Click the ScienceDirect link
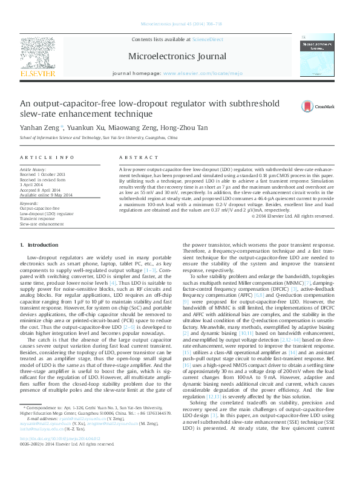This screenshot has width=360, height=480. click(x=208, y=39)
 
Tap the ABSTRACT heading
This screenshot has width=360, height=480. click(x=134, y=157)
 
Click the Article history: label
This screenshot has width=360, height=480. click(x=34, y=170)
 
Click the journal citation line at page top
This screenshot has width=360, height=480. click(x=180, y=25)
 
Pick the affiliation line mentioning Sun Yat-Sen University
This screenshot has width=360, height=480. click(x=99, y=138)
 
